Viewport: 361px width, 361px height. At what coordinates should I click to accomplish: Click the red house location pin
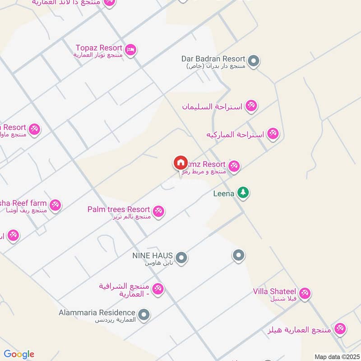click(180, 162)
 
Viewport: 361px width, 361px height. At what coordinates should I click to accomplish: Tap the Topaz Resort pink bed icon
click(130, 50)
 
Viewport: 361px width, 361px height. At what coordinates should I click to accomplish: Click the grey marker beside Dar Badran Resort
click(254, 60)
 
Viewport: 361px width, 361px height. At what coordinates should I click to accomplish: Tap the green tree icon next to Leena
click(243, 192)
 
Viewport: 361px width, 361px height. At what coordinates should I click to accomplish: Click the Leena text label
click(224, 194)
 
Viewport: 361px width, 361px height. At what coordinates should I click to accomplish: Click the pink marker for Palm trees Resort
click(158, 210)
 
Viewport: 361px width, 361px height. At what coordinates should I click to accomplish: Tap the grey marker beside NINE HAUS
click(181, 258)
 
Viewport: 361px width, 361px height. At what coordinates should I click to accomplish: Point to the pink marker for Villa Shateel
click(305, 293)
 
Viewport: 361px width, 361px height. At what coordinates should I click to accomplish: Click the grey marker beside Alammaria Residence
click(144, 314)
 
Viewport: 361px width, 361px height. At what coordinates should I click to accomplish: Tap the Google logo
click(19, 354)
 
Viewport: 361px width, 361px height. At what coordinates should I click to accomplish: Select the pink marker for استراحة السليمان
click(251, 106)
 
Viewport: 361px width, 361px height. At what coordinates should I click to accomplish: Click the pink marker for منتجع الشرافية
click(157, 288)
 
